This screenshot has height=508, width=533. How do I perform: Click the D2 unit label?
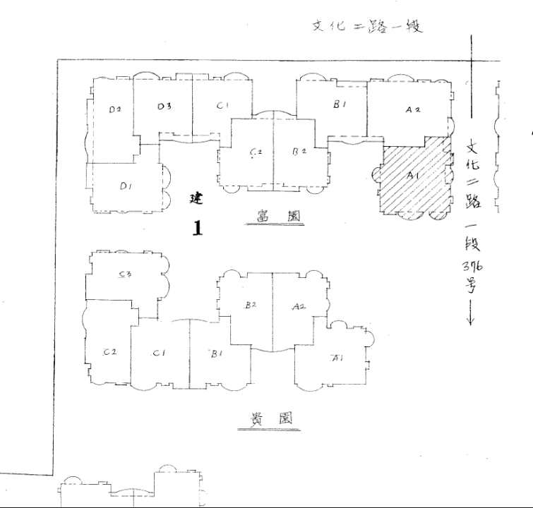pyautogui.click(x=116, y=109)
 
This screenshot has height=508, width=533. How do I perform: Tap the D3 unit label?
pyautogui.click(x=164, y=107)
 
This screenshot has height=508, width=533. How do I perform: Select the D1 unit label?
pyautogui.click(x=126, y=186)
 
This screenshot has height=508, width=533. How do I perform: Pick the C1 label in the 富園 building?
pyautogui.click(x=224, y=106)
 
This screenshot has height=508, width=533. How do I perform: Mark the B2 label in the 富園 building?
pyautogui.click(x=299, y=151)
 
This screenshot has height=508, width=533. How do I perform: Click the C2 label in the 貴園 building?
pyautogui.click(x=109, y=351)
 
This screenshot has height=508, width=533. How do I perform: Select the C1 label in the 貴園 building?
pyautogui.click(x=160, y=353)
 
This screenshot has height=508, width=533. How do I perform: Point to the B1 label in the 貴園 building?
pyautogui.click(x=216, y=354)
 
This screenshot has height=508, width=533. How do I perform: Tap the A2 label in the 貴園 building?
pyautogui.click(x=298, y=307)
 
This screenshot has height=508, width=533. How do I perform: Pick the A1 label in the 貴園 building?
pyautogui.click(x=336, y=358)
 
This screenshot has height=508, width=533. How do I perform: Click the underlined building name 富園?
pyautogui.click(x=274, y=217)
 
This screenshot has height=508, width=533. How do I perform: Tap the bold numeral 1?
pyautogui.click(x=198, y=229)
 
